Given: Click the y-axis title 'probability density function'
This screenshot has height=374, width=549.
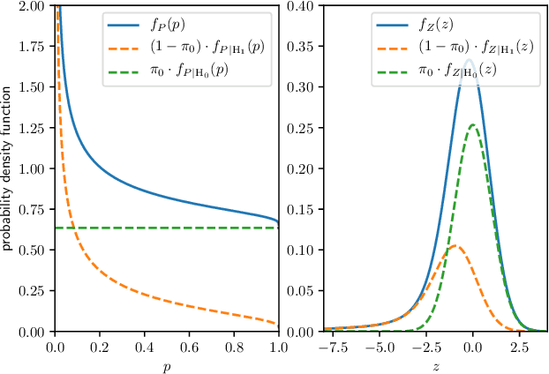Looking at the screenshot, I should coord(8,168).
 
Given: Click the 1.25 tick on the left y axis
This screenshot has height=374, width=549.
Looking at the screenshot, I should coord(34,128).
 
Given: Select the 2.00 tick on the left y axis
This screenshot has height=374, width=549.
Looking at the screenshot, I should coord(34,6).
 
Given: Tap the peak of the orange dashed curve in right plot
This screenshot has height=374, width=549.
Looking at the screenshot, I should coord(454,246).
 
